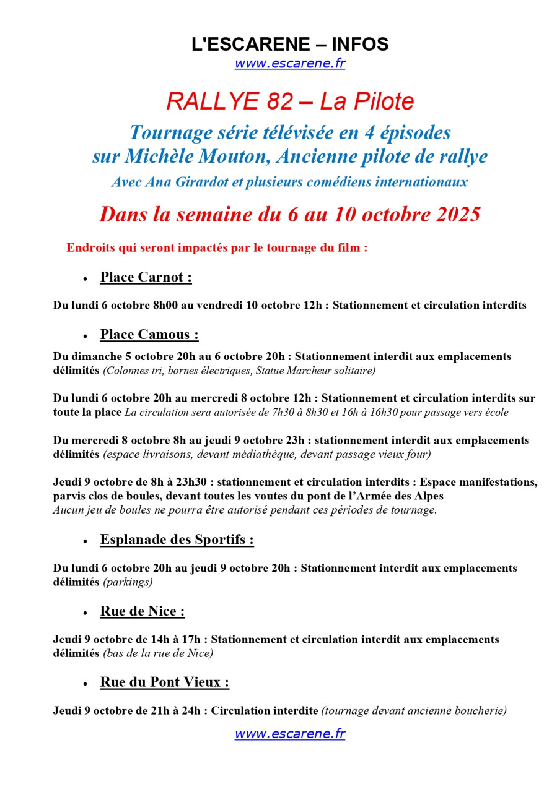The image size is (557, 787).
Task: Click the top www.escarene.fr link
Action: pos(289,63)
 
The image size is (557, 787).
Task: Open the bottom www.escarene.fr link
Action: pos(289,734)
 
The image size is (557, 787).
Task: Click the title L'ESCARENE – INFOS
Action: pos(290,44)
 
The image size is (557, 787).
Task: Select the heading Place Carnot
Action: pos(146,277)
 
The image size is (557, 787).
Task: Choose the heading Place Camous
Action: pos(149,335)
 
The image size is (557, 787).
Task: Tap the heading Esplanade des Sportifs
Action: pos(177,540)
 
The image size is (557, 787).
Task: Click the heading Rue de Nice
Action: pos(142,611)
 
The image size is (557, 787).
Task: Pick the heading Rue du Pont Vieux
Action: pos(164,682)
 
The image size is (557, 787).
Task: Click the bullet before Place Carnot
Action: pos(85,279)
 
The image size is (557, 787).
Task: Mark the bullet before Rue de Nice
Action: pos(85,613)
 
